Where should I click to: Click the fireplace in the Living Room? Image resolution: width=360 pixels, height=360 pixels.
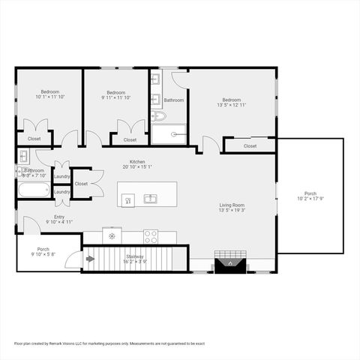227,262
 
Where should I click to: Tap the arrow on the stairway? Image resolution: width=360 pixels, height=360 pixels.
91,259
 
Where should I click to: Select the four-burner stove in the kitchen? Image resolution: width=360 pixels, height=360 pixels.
150,236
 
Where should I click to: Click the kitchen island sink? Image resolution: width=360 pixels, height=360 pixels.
150,199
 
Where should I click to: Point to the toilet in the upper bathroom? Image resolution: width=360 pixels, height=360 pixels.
157,116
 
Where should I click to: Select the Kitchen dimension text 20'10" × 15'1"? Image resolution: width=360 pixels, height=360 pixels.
137,167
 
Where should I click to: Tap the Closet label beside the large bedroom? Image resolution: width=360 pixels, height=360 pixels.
250,146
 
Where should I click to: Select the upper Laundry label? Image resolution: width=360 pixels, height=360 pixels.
61,176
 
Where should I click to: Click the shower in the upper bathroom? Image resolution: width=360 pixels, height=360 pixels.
174,133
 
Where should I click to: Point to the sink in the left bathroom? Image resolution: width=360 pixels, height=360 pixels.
22,157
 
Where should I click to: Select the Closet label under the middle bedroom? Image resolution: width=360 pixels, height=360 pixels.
130,139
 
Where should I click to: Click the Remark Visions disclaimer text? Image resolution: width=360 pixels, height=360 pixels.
109,343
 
